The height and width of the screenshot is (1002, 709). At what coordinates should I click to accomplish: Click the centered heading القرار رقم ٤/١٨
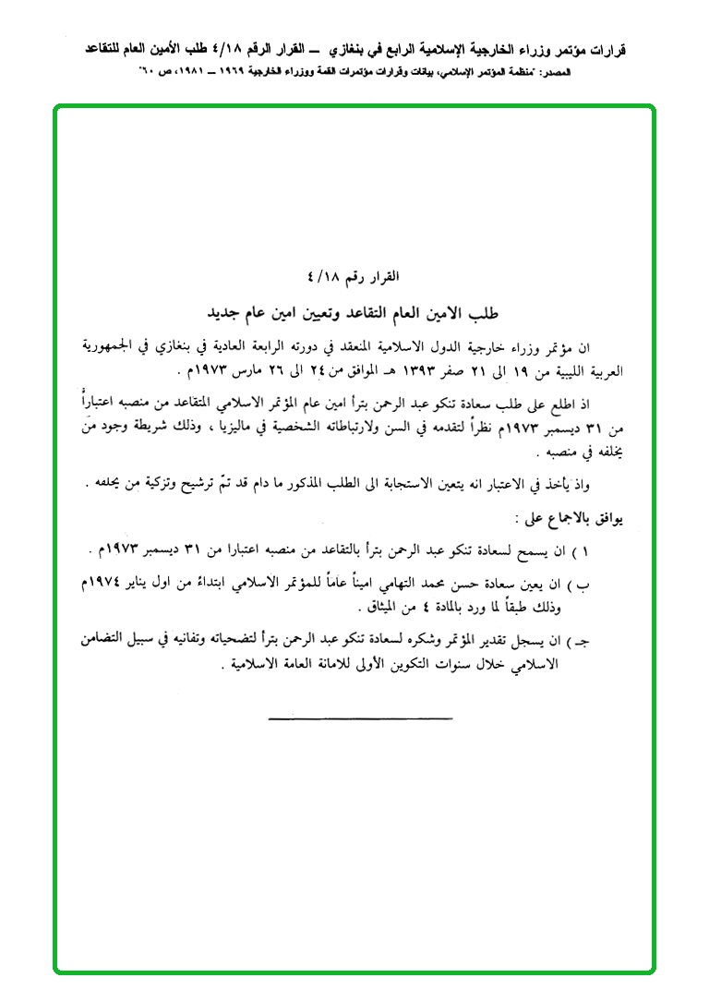tap(354, 276)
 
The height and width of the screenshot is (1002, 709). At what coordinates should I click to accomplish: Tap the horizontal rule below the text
tap(360, 717)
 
